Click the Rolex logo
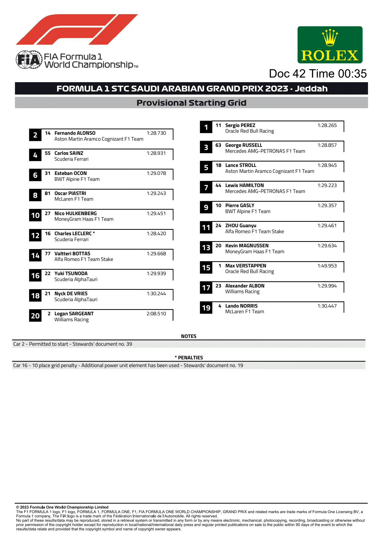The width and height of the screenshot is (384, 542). pos(330,45)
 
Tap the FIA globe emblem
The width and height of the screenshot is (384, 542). pos(29,60)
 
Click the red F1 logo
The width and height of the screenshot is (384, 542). pos(77,29)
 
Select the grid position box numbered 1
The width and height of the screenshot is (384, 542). pos(206,127)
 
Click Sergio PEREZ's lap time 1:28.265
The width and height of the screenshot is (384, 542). pos(327,125)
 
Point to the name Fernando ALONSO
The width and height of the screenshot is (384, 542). pos(75,133)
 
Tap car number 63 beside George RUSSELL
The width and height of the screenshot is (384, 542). pos(218,145)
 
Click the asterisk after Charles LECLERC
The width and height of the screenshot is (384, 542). pos(94,233)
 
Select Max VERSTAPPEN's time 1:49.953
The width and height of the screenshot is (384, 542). pos(327,266)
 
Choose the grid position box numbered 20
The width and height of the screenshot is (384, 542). pos(35,316)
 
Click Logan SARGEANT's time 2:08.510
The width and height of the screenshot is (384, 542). pos(156,314)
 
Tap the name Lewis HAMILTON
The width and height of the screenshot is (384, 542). pos(244,185)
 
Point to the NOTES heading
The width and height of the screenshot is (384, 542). pos(189,336)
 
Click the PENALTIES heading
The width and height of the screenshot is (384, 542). pos(190,358)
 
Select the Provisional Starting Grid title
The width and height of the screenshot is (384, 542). pos(191,103)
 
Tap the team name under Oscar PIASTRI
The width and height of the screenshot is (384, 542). pos(74,199)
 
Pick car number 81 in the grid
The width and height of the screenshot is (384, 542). pos(47,193)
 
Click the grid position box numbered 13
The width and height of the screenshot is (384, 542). pos(206,248)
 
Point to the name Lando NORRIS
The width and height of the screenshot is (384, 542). pos(241,306)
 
